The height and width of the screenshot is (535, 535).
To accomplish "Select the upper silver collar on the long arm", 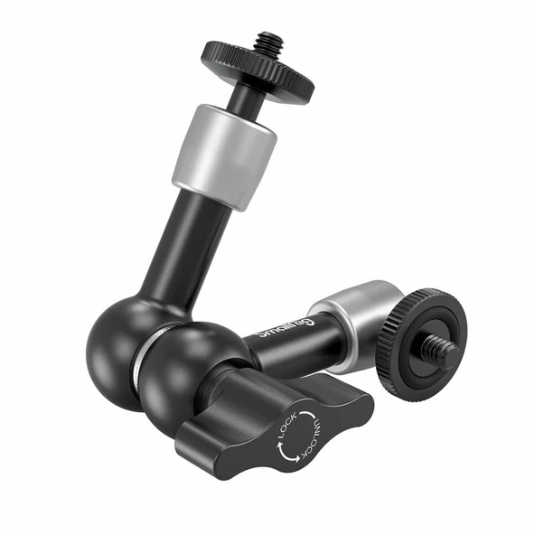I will pyautogui.click(x=224, y=155).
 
